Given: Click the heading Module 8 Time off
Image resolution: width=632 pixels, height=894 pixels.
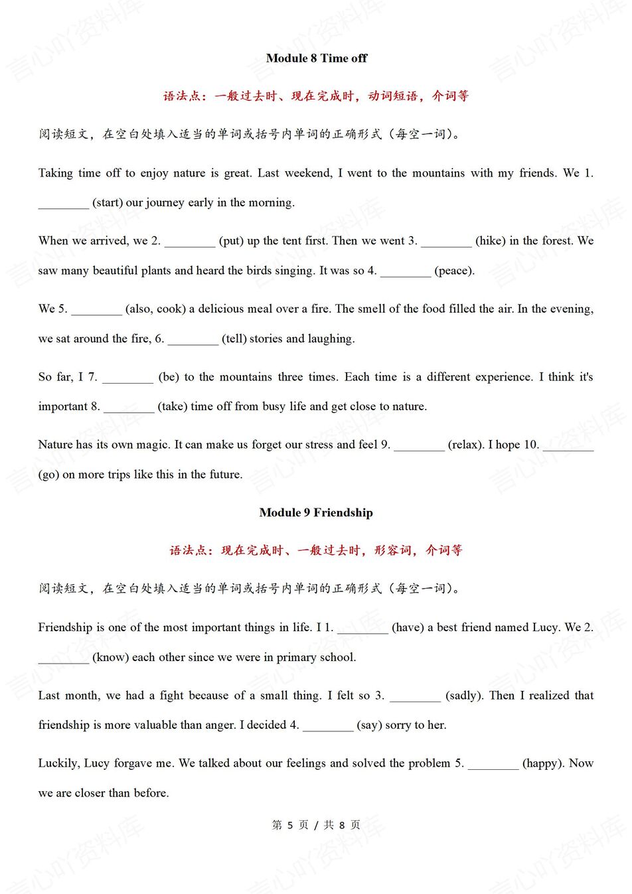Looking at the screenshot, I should click(x=316, y=58).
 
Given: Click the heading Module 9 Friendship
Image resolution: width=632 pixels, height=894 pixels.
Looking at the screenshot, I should click(x=316, y=512).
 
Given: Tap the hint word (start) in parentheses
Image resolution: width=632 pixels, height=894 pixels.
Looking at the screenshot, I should click(x=108, y=202).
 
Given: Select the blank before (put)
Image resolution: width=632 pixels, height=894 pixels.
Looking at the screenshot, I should click(x=190, y=242).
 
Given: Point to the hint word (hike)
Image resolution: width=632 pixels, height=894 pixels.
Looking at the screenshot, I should click(x=491, y=241).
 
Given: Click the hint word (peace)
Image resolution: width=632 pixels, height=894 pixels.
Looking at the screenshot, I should click(x=454, y=271).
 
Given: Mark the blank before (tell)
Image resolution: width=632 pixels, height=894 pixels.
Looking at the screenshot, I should click(x=193, y=339).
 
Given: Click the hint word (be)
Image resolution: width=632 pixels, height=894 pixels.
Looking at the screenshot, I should click(x=169, y=377).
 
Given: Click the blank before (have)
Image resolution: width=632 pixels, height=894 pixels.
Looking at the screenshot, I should click(x=362, y=629).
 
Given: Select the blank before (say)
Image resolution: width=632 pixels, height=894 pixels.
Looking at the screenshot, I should click(x=328, y=726).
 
